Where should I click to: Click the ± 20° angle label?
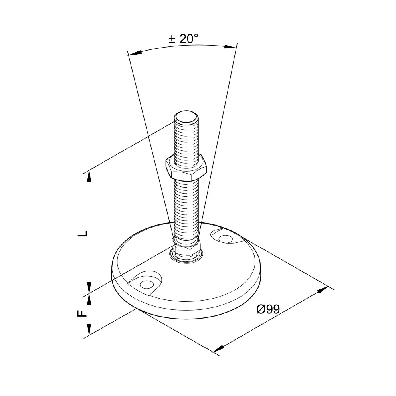pos(183,39)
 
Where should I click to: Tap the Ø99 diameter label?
pos(268,309)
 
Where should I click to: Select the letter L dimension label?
pos(83,234)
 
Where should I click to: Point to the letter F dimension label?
pos(82,313)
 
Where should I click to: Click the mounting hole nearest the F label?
pos(147,284)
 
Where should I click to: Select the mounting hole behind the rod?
pos(225,238)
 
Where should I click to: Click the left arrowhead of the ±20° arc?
pos(135,53)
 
